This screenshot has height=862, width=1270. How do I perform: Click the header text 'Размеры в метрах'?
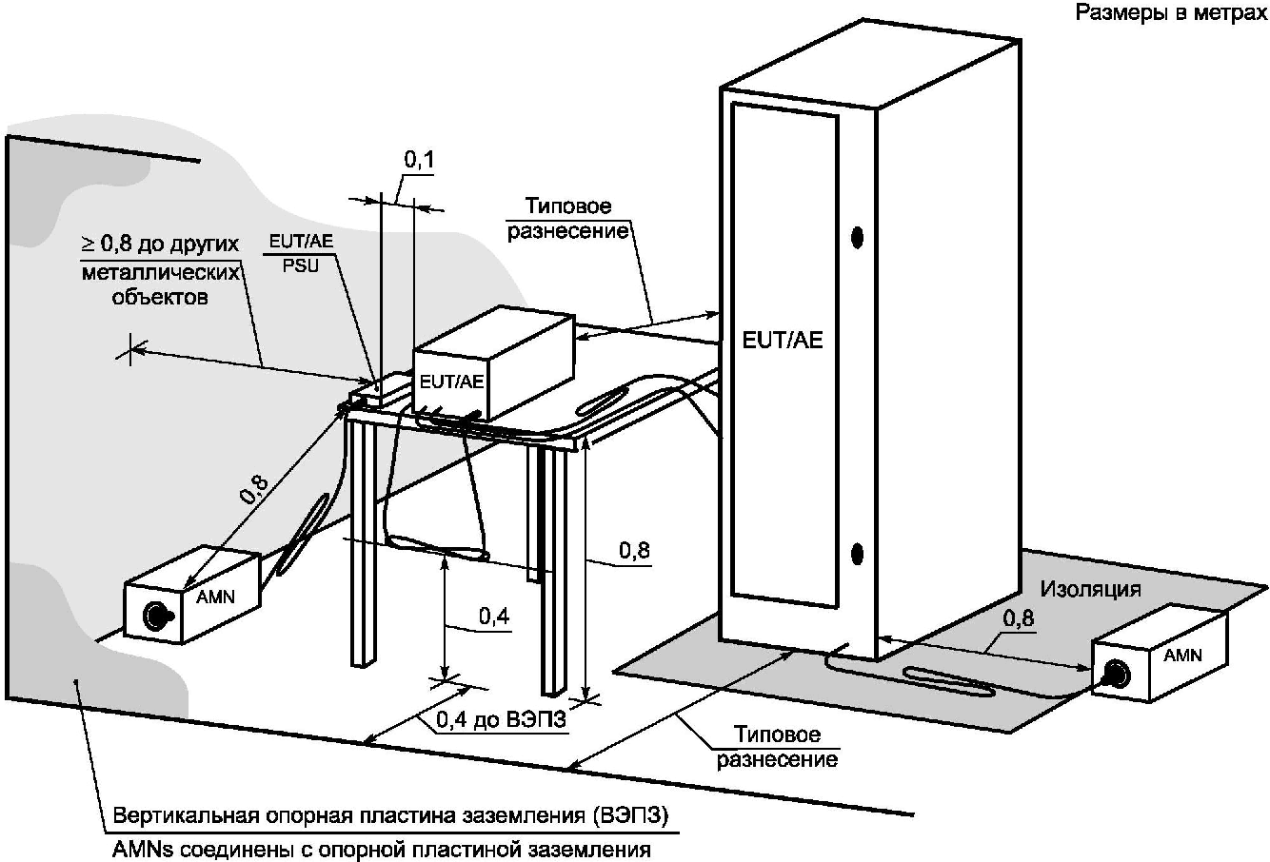pyautogui.click(x=1171, y=13)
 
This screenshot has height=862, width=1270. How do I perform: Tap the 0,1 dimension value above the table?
pyautogui.click(x=419, y=161)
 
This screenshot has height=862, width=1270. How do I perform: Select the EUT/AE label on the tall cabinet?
pyautogui.click(x=783, y=340)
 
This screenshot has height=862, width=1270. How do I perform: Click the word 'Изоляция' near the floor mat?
pyautogui.click(x=1090, y=588)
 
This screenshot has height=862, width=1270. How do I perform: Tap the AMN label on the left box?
pyautogui.click(x=215, y=598)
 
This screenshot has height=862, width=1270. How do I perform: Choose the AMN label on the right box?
pyautogui.click(x=1182, y=655)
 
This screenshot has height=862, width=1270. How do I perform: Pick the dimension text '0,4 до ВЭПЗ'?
pyautogui.click(x=501, y=721)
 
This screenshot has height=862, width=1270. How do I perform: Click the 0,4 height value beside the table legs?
pyautogui.click(x=493, y=617)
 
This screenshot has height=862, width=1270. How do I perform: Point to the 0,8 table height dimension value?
pyautogui.click(x=634, y=550)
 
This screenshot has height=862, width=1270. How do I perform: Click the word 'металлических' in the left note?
pyautogui.click(x=158, y=271)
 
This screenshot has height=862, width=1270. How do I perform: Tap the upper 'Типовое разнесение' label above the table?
pyautogui.click(x=568, y=219)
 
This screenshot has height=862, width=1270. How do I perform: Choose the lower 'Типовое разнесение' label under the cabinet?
pyautogui.click(x=778, y=747)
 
